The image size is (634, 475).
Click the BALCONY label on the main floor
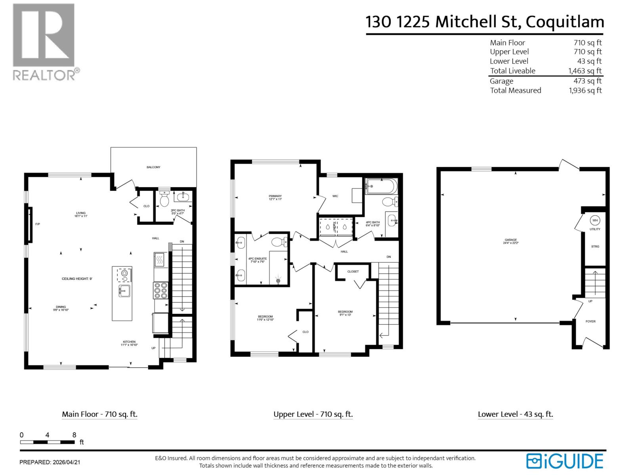[x=153, y=167]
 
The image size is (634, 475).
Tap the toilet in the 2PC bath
[x=164, y=200]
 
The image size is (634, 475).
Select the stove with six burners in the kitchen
[x=160, y=290]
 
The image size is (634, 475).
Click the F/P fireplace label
[x=38, y=224]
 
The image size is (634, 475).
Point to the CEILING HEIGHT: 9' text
[x=77, y=279]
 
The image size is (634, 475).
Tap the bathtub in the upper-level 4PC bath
[x=381, y=186]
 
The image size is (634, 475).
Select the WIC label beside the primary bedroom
[x=335, y=196]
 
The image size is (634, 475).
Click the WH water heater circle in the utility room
[x=595, y=220]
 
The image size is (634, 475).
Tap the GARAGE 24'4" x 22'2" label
[x=510, y=241]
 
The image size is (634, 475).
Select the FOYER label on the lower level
[x=590, y=321]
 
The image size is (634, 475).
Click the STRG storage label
[x=595, y=247]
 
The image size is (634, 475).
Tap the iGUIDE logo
[x=564, y=461]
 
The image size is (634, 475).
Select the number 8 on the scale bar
[x=74, y=435]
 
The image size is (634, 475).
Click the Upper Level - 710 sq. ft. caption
[x=313, y=414]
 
